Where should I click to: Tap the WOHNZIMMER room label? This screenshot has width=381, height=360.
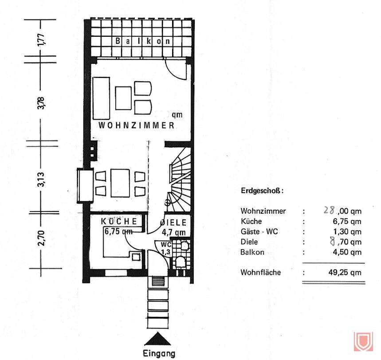tap(136, 125)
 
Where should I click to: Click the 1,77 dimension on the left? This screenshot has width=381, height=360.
tap(41, 38)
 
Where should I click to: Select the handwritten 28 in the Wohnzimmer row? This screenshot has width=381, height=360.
tap(330, 211)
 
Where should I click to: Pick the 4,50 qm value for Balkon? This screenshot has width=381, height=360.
tap(347, 252)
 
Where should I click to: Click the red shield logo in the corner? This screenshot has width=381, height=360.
tap(363, 341)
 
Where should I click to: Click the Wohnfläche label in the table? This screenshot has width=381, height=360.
tap(260, 272)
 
